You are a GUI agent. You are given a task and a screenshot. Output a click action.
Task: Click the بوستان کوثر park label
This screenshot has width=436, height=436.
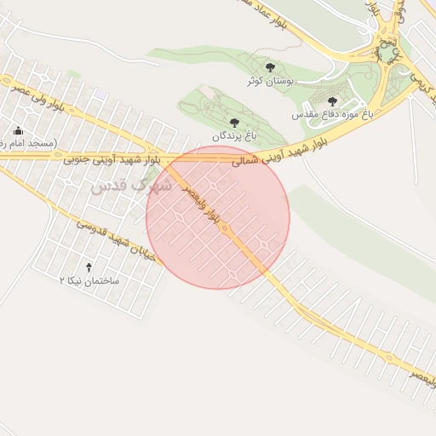pyautogui.click(x=269, y=83)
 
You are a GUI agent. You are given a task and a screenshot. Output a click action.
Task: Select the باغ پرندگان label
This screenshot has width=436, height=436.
pyautogui.click(x=234, y=135)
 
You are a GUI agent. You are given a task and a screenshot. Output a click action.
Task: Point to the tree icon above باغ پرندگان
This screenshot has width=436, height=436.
pyautogui.click(x=234, y=123)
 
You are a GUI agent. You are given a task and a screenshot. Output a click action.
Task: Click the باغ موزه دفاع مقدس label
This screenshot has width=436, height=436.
pyautogui.click(x=331, y=113)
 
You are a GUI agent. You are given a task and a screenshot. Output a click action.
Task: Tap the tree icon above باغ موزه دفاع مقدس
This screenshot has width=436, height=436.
pyautogui.click(x=332, y=100)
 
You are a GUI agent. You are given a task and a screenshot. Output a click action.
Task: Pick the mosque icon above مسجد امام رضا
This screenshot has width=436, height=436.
pyautogui.click(x=19, y=130)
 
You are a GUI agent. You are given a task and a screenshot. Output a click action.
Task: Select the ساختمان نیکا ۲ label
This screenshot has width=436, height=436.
pyautogui.click(x=89, y=280)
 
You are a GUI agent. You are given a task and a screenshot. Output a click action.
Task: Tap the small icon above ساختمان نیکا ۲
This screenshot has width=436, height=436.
pyautogui.click(x=89, y=267)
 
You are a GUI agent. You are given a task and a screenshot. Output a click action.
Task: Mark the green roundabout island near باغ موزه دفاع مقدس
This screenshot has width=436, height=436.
pyautogui.click(x=387, y=53)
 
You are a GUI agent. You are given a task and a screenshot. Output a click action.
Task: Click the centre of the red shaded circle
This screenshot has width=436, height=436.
pyautogui.click(x=218, y=217)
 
